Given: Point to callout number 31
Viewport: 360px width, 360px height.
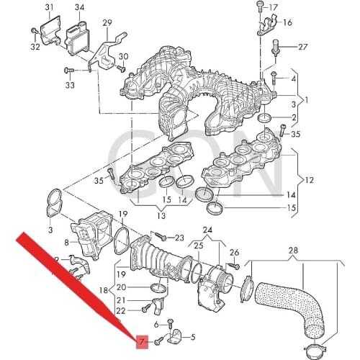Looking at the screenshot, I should [x=50, y=8].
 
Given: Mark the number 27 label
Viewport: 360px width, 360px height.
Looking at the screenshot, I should [x=302, y=47].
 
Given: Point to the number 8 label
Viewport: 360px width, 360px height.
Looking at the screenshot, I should [x=66, y=244].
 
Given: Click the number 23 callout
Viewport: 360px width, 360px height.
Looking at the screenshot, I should [x=179, y=238].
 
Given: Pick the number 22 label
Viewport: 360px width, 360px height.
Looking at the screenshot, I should [x=120, y=310].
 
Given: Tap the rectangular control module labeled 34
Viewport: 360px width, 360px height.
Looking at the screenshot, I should [x=77, y=35].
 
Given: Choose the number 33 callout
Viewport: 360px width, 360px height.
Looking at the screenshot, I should [x=70, y=86].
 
